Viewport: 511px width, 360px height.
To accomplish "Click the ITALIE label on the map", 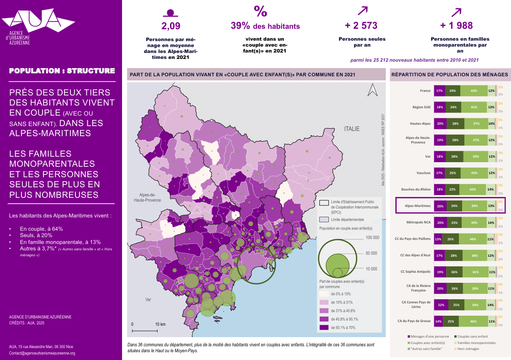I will coord(352,129).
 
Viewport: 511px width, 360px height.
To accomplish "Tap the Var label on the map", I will coord(148,300).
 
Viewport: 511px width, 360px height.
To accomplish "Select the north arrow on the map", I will coord(373,90).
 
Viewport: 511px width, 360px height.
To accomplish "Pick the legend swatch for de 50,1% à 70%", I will coord(324,327).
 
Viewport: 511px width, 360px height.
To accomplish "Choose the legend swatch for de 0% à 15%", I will coord(324,294).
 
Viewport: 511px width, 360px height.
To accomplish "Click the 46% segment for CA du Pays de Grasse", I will coord(471,321).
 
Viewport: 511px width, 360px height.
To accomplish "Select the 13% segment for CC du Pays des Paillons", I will coord(438,239).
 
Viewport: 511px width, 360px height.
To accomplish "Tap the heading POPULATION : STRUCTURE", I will coord(62,71).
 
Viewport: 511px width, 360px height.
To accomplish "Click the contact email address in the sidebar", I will coord(42,353).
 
